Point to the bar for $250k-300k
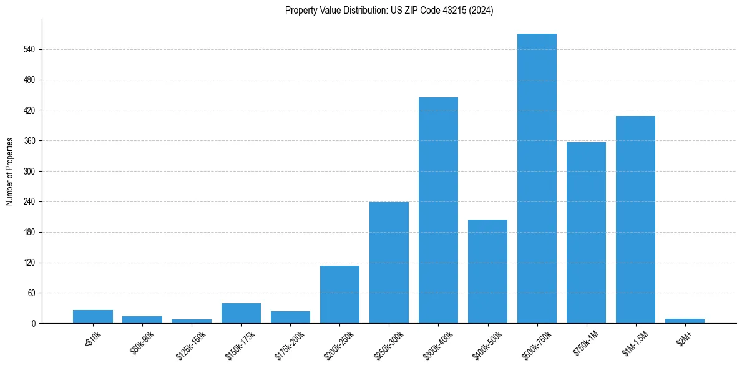(389, 263)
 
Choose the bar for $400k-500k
(487, 271)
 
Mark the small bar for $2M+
(685, 321)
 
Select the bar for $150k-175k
(241, 313)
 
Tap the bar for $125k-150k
(192, 321)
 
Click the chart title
(389, 11)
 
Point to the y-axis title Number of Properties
(10, 172)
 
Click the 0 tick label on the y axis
(33, 324)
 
